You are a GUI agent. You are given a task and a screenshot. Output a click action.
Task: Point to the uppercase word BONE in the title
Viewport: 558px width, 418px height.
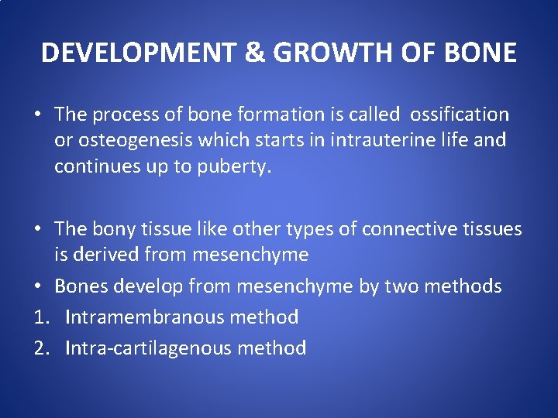click(480, 53)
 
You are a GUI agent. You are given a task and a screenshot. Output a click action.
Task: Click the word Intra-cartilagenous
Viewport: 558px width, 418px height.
click(148, 348)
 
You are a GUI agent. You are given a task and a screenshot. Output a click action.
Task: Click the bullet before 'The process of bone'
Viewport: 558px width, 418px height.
click(37, 115)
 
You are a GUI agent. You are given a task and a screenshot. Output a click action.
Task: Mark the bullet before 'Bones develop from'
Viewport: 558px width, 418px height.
click(37, 286)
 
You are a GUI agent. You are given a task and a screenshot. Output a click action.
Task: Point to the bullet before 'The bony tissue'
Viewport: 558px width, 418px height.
click(37, 229)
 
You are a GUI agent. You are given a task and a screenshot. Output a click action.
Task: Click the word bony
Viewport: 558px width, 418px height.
click(113, 229)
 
